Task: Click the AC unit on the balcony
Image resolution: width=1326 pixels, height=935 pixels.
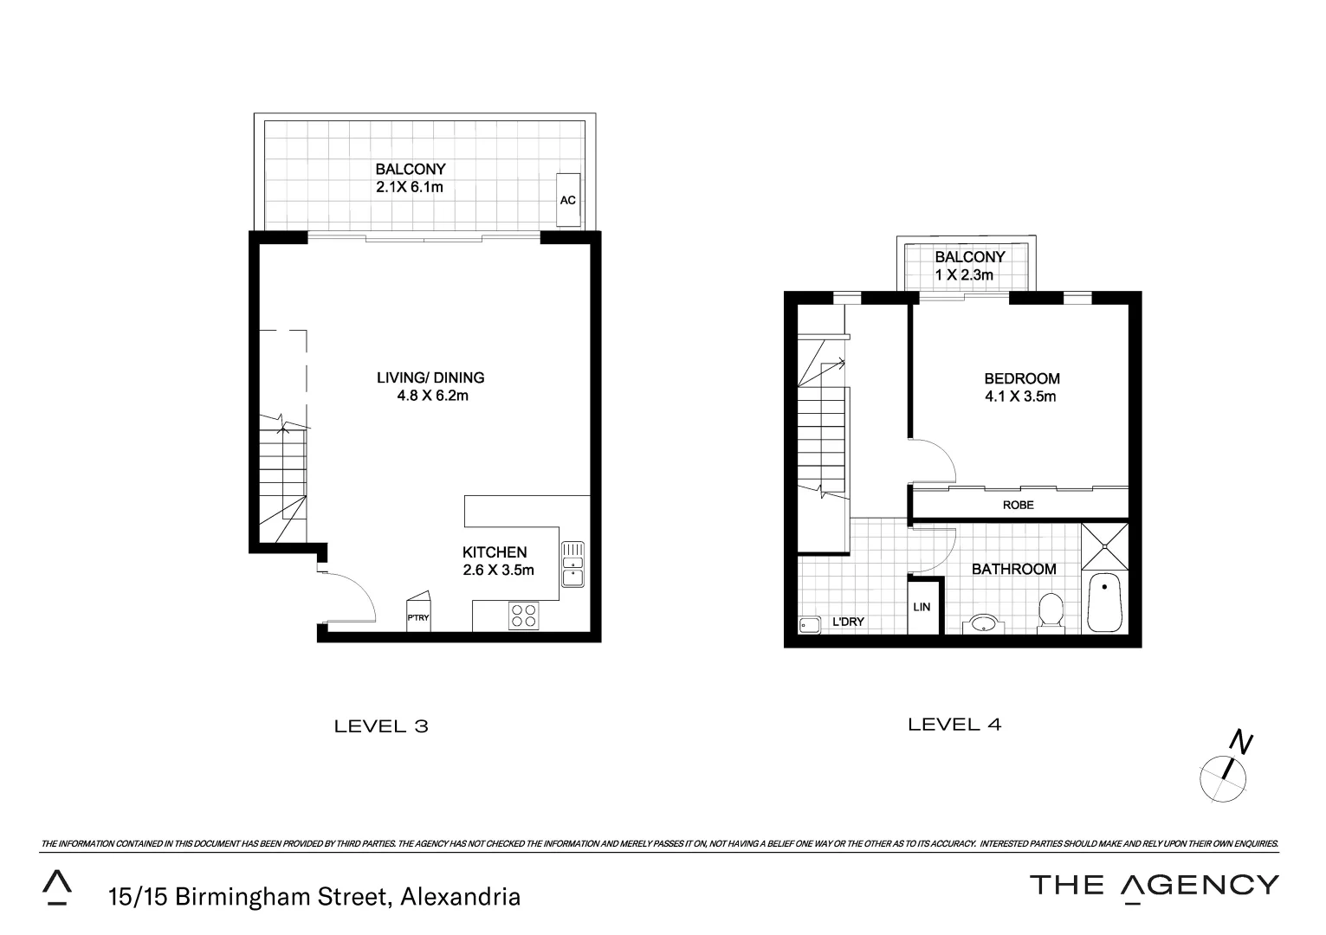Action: click(x=568, y=200)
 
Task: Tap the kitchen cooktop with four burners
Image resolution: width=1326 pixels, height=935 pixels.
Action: click(x=523, y=616)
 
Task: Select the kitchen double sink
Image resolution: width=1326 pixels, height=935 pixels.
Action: click(x=572, y=564)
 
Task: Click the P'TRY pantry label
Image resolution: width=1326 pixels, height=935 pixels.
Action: click(x=418, y=617)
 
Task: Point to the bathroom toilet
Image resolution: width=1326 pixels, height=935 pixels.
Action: click(x=1051, y=611)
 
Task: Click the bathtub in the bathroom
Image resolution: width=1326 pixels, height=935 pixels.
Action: click(x=1104, y=602)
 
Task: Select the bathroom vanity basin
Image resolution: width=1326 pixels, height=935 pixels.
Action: click(x=984, y=622)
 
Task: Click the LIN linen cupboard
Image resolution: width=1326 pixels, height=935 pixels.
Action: click(x=922, y=607)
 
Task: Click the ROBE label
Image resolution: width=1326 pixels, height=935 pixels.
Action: click(x=1018, y=505)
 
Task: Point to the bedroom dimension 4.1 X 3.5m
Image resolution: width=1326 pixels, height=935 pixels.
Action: click(x=1021, y=397)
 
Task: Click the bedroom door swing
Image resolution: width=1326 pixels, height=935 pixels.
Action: click(x=931, y=461)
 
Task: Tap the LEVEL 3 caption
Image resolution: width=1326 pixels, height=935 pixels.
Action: click(x=381, y=726)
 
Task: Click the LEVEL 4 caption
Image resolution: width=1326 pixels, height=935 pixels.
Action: click(x=954, y=725)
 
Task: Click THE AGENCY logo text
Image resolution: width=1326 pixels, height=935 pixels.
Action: click(x=1153, y=885)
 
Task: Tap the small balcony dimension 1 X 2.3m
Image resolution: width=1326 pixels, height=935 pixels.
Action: click(x=963, y=275)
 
